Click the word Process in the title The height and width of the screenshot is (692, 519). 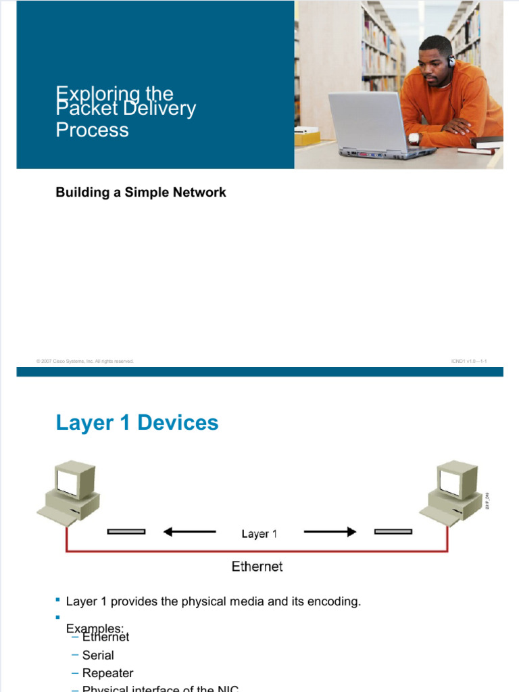pos(92,130)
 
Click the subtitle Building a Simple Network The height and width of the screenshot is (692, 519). pos(141,193)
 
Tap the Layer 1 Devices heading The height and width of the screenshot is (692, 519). pos(137,423)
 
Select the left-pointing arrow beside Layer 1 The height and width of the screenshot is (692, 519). pos(189,532)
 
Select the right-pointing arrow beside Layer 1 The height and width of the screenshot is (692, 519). pos(330,532)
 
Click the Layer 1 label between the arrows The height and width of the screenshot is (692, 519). pos(259,534)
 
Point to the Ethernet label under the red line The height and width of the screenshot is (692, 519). pos(257,566)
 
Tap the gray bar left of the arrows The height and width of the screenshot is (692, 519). pos(126,532)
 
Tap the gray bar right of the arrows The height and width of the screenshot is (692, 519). pos(393,532)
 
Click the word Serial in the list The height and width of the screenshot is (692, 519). pos(98,655)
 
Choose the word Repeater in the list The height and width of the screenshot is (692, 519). pos(107,673)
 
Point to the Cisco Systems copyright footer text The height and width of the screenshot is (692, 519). pos(85,362)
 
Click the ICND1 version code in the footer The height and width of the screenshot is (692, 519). pos(468,362)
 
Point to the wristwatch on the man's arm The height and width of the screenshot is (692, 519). pos(414,139)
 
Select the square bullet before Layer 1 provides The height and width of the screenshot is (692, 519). pos(58,599)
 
